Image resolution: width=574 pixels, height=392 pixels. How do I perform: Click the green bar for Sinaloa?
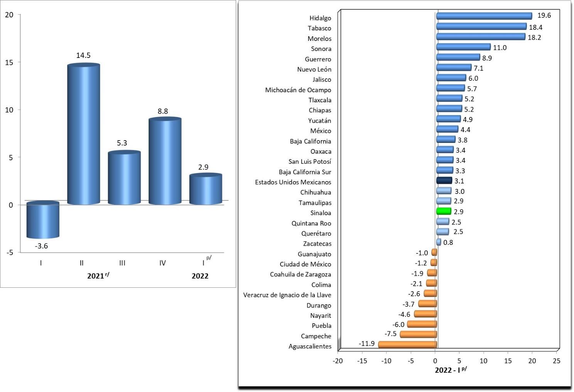pyautogui.click(x=444, y=211)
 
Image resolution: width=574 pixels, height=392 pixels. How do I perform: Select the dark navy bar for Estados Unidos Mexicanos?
pyautogui.click(x=444, y=180)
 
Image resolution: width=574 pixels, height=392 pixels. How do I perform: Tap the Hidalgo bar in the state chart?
pyautogui.click(x=484, y=16)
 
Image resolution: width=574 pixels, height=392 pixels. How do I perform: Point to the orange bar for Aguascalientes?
pyautogui.click(x=407, y=344)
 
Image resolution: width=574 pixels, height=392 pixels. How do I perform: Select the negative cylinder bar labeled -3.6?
pyautogui.click(x=42, y=220)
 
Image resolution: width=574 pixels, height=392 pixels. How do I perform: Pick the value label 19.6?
pyautogui.click(x=544, y=15)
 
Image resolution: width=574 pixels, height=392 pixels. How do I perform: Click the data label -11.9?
pyautogui.click(x=366, y=343)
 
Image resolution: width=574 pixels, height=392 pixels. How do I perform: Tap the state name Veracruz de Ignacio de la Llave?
pyautogui.click(x=287, y=295)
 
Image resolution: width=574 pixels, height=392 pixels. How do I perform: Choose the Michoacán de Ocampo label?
pyautogui.click(x=298, y=90)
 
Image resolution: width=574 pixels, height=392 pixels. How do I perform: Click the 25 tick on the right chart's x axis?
pyautogui.click(x=556, y=361)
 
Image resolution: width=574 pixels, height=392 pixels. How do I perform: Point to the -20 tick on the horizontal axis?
pyautogui.click(x=338, y=361)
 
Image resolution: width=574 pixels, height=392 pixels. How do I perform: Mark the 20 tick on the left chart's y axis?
pyautogui.click(x=9, y=15)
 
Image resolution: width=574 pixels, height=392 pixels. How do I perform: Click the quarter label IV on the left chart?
pyautogui.click(x=162, y=263)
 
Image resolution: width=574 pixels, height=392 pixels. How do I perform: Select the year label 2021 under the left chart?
pyautogui.click(x=96, y=276)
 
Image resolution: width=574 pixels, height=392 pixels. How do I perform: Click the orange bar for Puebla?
pyautogui.click(x=422, y=324)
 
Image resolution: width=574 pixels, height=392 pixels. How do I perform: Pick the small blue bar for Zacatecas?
pyautogui.click(x=439, y=242)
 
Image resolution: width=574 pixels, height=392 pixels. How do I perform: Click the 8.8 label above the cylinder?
pyautogui.click(x=163, y=111)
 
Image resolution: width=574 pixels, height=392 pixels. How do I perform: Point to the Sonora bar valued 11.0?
pyautogui.click(x=463, y=47)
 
